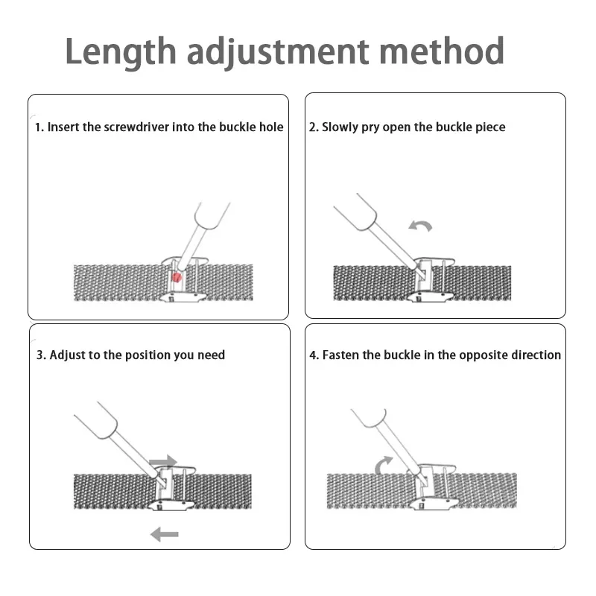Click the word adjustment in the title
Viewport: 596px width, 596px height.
point(277,52)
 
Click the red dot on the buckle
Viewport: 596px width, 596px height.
point(177,277)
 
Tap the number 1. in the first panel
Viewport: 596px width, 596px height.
point(39,127)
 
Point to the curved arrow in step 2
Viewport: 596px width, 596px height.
point(420,225)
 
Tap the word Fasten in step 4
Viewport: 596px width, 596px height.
point(340,355)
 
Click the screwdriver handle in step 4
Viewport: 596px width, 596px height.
point(370,423)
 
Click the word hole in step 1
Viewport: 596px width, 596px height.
point(270,127)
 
